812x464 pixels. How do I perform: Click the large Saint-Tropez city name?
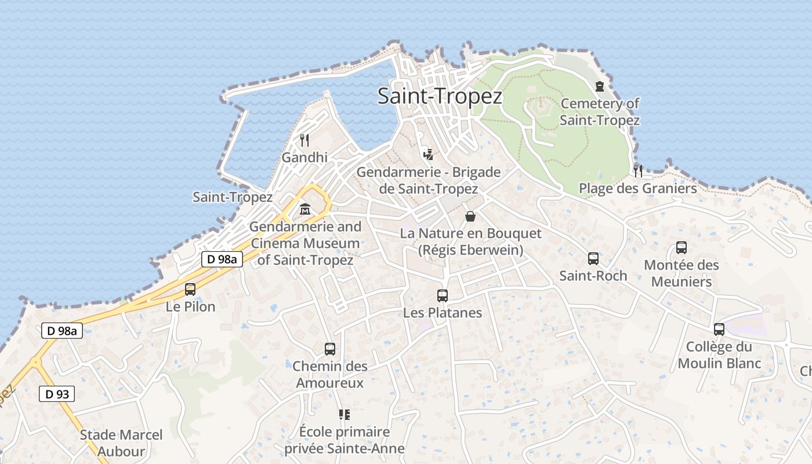(x=440, y=96)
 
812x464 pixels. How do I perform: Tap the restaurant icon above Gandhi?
(x=304, y=140)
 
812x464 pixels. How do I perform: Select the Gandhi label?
(x=304, y=157)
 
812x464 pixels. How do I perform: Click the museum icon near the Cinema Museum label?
(x=305, y=209)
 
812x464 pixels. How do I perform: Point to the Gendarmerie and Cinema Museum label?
(x=305, y=243)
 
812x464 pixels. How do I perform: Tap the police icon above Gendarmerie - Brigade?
(x=428, y=154)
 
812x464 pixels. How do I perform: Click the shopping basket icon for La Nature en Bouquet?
(x=470, y=216)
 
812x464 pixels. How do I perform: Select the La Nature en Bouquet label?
(x=470, y=242)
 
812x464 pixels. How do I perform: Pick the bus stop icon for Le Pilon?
(x=190, y=289)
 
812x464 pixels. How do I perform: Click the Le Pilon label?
(x=190, y=306)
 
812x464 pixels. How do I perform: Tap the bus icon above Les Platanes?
(x=443, y=295)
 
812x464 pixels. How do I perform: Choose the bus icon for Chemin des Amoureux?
(x=330, y=349)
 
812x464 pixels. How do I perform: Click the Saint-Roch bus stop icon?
(x=593, y=258)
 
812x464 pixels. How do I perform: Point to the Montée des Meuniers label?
(x=681, y=273)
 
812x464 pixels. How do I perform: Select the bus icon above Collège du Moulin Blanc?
(x=719, y=329)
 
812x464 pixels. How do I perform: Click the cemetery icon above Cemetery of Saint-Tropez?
(x=600, y=86)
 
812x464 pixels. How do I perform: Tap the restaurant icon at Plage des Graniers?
(x=638, y=171)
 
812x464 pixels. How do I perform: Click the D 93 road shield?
(x=57, y=394)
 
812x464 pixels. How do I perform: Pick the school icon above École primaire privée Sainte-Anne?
(x=345, y=414)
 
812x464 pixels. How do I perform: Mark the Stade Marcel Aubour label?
(x=121, y=443)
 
